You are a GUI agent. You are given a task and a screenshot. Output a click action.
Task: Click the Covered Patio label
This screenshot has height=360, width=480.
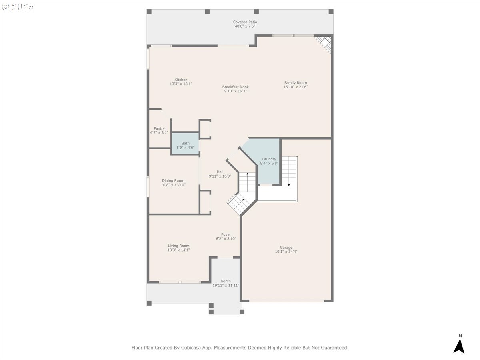pyautogui.click(x=245, y=22)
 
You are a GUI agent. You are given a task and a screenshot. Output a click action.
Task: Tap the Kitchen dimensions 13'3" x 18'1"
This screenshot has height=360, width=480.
pyautogui.click(x=181, y=84)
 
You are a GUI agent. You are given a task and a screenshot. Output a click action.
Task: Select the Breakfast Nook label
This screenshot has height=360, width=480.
pyautogui.click(x=236, y=87)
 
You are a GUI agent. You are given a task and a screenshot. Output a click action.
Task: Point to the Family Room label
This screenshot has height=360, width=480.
pyautogui.click(x=296, y=83)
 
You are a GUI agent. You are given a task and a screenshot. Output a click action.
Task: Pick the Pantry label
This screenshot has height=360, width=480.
pyautogui.click(x=159, y=128)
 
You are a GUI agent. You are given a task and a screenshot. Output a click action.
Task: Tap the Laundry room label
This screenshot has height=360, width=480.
pyautogui.click(x=269, y=159)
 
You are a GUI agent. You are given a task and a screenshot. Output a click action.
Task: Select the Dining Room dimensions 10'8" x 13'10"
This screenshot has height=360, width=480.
pyautogui.click(x=173, y=185)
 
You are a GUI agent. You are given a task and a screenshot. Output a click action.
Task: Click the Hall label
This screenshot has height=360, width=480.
pyautogui.click(x=220, y=172)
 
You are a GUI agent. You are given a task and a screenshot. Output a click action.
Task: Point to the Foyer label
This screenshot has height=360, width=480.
pyautogui.click(x=226, y=234)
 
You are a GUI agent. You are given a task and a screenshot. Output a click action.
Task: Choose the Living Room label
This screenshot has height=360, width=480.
pyautogui.click(x=178, y=246)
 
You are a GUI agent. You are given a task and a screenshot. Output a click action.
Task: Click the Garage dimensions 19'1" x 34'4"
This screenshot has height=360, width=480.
pyautogui.click(x=286, y=252)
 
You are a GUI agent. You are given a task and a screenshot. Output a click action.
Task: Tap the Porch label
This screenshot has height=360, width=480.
pyautogui.click(x=226, y=281)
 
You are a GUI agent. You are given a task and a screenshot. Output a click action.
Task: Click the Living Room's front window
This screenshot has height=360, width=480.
pyautogui.click(x=180, y=282)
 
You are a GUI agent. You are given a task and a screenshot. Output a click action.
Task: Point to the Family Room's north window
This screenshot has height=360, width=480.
pyautogui.click(x=293, y=36)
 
